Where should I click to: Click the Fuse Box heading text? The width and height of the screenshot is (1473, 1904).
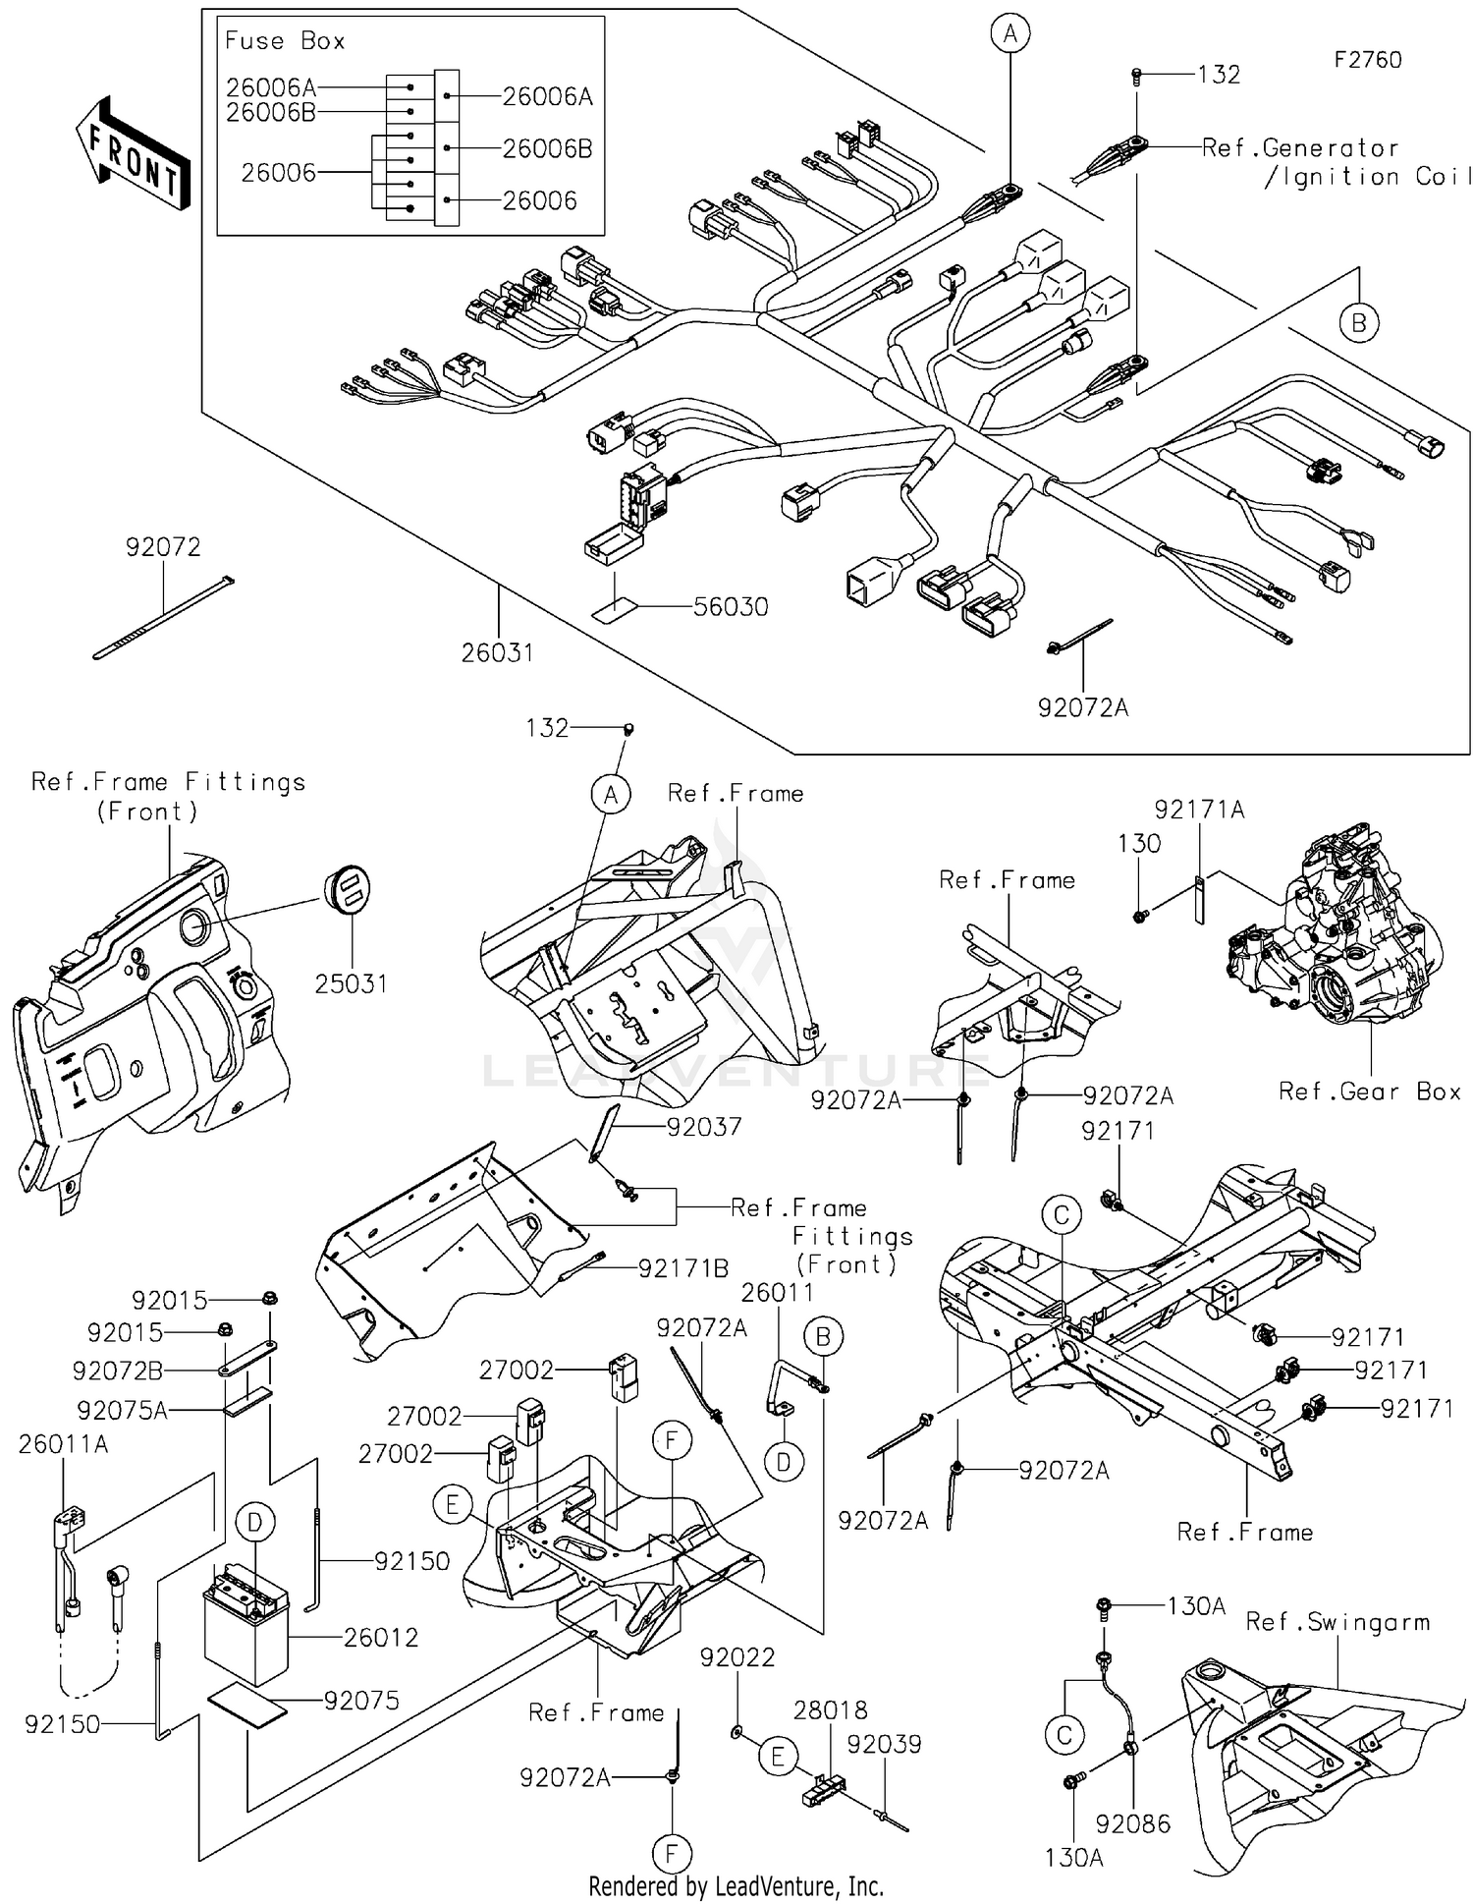click(285, 41)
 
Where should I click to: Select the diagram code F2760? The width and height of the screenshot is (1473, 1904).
click(1367, 60)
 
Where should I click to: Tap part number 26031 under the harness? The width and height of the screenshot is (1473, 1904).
click(497, 652)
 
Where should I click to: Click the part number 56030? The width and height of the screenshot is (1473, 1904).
click(731, 607)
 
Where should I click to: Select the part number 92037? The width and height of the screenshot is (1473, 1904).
click(704, 1127)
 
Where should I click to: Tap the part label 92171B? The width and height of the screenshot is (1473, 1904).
click(683, 1268)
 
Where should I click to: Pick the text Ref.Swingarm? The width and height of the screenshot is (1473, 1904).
click(1337, 1622)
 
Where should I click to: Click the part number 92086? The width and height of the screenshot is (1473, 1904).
click(1132, 1823)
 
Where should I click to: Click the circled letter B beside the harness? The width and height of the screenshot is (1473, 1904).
click(1358, 323)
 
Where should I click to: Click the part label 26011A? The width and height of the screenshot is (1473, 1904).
click(64, 1444)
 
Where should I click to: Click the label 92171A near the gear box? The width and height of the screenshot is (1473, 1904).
click(1199, 810)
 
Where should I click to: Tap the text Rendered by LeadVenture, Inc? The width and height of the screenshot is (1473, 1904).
click(736, 1886)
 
